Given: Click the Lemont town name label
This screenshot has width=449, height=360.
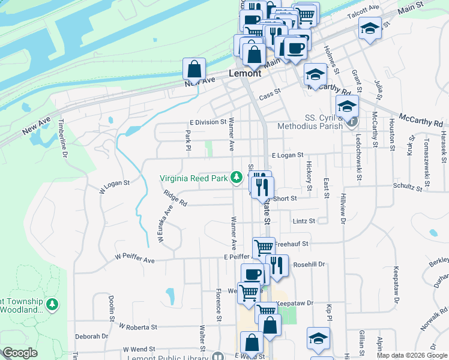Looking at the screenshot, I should (245, 73).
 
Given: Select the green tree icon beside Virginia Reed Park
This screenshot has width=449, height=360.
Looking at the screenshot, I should (237, 177).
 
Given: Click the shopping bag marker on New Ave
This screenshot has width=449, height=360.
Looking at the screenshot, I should (194, 69).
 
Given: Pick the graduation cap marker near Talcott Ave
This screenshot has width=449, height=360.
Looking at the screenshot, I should (370, 27).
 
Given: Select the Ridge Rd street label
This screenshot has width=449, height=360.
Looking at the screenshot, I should (175, 198).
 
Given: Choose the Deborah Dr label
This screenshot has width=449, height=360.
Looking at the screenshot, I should (91, 337).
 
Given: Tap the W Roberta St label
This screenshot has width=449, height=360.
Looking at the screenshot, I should (137, 327).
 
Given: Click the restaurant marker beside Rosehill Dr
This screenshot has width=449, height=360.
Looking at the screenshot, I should (276, 265).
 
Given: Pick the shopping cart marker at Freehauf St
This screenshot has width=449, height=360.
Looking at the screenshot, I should (263, 247).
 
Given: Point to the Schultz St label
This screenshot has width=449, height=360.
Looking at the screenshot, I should (408, 187).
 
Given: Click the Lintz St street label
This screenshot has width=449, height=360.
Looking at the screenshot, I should (304, 221).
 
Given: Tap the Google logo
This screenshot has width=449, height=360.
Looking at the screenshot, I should (20, 353).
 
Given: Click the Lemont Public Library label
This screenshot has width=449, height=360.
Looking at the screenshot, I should (171, 357).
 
